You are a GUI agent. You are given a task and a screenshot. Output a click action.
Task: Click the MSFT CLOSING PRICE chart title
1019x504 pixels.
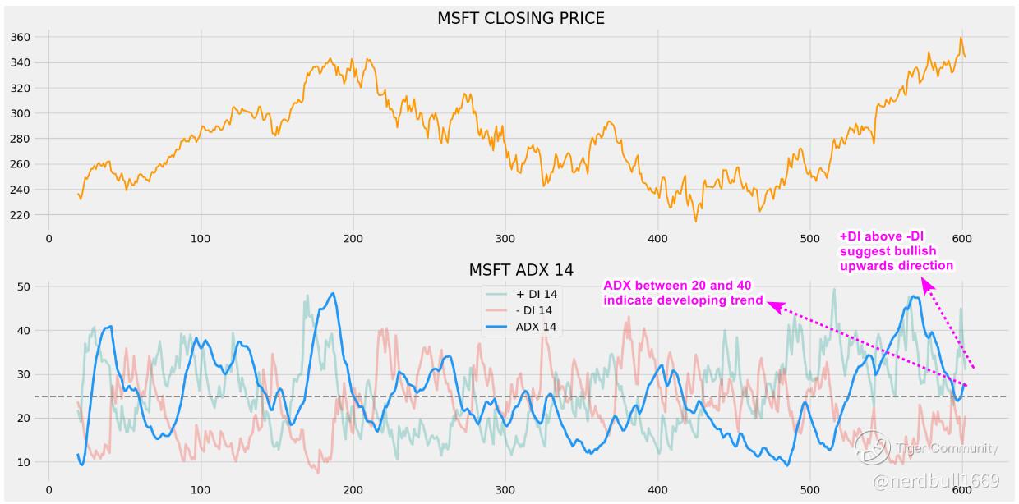tap(521, 18)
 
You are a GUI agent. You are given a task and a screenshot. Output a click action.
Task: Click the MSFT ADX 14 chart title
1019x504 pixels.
tap(521, 270)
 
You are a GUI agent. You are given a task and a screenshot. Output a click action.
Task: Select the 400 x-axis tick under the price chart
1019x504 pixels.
tap(657, 238)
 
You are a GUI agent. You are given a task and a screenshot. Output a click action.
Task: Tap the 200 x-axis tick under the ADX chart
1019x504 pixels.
tap(353, 491)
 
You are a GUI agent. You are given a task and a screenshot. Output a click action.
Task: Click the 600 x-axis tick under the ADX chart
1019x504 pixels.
tap(961, 491)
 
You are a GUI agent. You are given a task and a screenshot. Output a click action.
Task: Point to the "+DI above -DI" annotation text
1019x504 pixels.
tap(896, 250)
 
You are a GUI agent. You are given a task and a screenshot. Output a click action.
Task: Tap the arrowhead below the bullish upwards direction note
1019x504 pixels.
tap(926, 285)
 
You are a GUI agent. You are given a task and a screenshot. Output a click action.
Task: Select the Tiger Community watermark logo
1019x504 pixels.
tap(872, 447)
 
